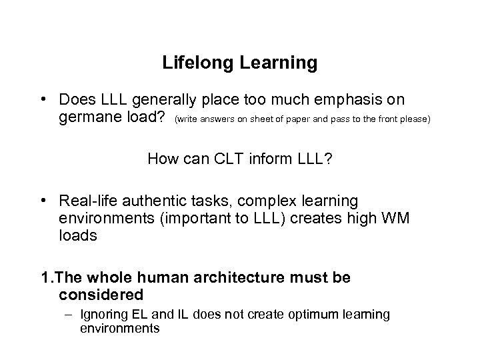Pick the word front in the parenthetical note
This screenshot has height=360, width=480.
(391, 120)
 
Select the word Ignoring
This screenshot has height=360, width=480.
(101, 314)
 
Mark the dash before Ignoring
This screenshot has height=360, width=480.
(70, 314)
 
